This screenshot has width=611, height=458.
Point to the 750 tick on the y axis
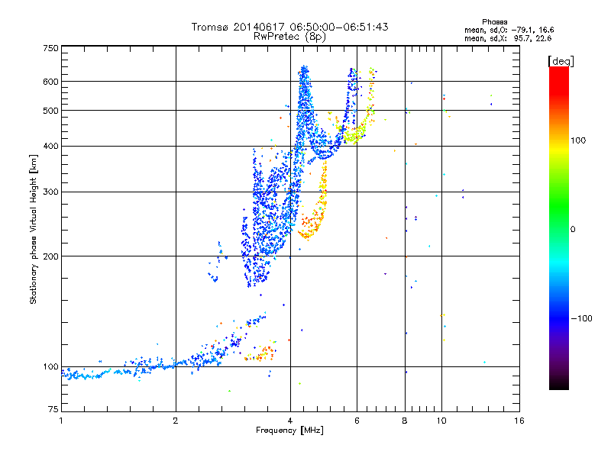51,48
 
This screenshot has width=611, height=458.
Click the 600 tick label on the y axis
51,81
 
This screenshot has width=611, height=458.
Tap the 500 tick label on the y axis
51,110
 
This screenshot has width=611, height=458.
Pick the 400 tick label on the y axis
51,146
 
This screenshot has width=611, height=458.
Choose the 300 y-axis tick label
51,192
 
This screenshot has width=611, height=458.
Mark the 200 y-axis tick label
51,256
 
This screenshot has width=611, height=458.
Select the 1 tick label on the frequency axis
61,421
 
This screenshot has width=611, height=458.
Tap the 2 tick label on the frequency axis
176,421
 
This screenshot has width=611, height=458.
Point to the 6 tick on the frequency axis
356,421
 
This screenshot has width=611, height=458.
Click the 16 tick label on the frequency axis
519,421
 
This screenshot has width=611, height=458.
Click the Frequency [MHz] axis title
289,431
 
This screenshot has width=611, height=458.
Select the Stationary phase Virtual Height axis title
34,229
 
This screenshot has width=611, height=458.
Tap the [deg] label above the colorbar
561,60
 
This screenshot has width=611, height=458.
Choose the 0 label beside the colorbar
575,229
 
